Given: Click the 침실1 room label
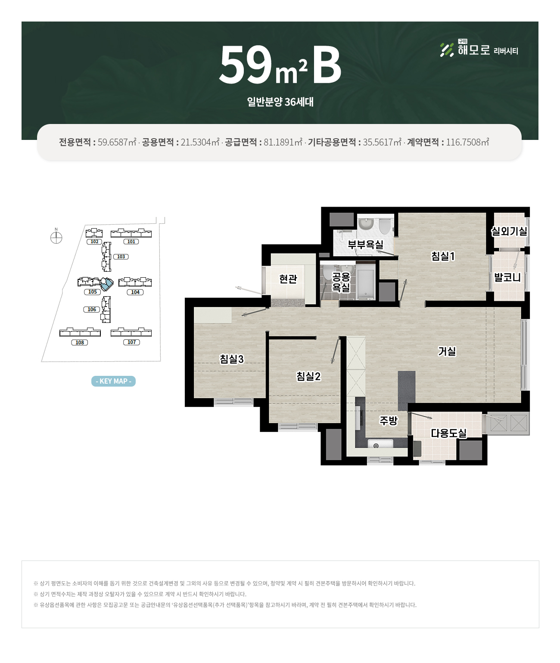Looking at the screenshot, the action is pyautogui.click(x=443, y=256).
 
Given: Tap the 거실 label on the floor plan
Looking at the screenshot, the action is pyautogui.click(x=447, y=351).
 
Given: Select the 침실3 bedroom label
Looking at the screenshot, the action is pyautogui.click(x=232, y=359).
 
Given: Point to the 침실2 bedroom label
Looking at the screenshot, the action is pyautogui.click(x=308, y=376).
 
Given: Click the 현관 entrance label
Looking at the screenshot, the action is pyautogui.click(x=288, y=279).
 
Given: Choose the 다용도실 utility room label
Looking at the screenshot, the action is pyautogui.click(x=448, y=433).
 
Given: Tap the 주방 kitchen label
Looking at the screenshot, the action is pyautogui.click(x=389, y=421).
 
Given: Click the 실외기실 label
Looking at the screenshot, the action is pyautogui.click(x=509, y=231).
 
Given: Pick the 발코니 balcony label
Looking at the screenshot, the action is pyautogui.click(x=507, y=277).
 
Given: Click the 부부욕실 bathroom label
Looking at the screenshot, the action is pyautogui.click(x=365, y=244).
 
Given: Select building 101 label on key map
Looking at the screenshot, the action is pyautogui.click(x=131, y=242).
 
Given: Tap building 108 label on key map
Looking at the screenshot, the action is pyautogui.click(x=79, y=342).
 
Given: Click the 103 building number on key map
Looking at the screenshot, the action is pyautogui.click(x=121, y=257).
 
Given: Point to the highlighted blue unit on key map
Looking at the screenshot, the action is pyautogui.click(x=107, y=284).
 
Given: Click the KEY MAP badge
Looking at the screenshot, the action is pyautogui.click(x=113, y=381).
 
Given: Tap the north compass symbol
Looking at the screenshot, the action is pyautogui.click(x=56, y=237).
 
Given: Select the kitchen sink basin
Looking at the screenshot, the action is pyautogui.click(x=380, y=443).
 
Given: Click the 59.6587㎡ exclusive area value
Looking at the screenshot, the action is pyautogui.click(x=117, y=142).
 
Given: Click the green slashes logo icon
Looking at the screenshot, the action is pyautogui.click(x=447, y=50).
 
